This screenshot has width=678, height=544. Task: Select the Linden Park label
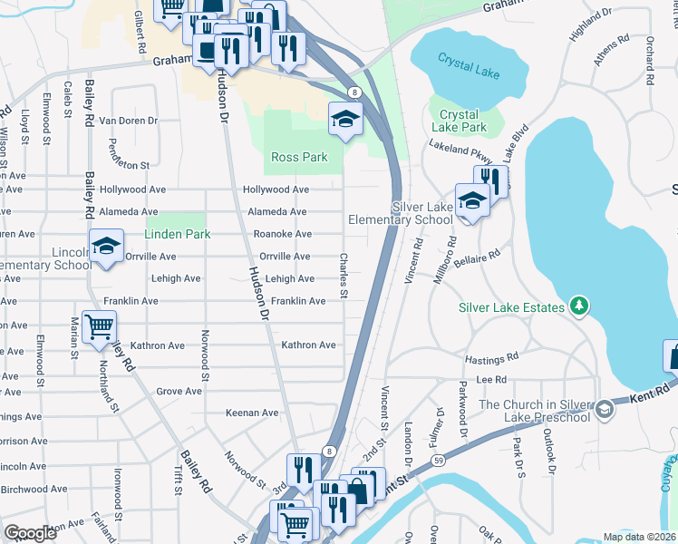pos(178,234)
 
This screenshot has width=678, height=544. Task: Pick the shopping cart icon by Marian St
pos(99,326)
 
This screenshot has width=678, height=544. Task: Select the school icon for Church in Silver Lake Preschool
pos(604,411)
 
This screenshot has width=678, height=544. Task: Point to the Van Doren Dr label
pos(129,121)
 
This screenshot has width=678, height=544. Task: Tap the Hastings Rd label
pos(490,359)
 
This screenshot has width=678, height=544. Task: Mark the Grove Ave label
pos(179,391)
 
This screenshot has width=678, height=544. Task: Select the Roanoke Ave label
pos(282,234)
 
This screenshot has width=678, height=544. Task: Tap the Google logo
pos(30,533)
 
